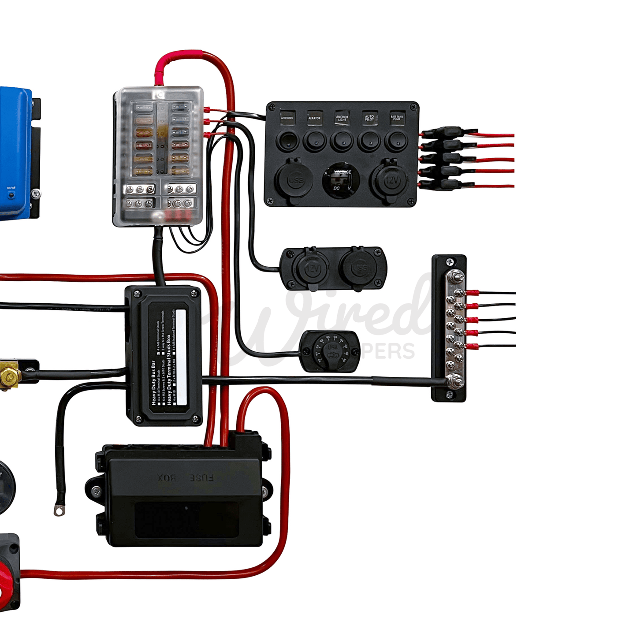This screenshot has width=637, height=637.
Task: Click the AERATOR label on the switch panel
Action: coord(314,118)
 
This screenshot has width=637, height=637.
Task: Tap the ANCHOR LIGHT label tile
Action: coord(342,118)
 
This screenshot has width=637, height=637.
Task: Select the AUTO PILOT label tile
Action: coord(369,118)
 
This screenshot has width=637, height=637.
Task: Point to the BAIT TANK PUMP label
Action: coord(397,118)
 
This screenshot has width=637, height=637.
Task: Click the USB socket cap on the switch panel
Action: coord(295,180)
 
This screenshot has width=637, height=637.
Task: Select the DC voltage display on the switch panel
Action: coord(342,181)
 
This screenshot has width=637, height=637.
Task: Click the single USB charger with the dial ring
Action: coord(330,351)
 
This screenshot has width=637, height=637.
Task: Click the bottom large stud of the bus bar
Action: coord(454,380)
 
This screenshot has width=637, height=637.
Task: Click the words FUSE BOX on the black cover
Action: coord(186,478)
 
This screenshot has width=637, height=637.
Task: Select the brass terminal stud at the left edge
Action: coord(9,376)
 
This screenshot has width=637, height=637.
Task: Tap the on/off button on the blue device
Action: coord(11,194)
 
